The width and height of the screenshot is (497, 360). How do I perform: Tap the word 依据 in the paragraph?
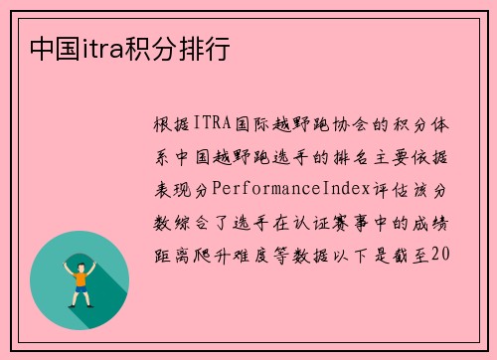click(x=435, y=156)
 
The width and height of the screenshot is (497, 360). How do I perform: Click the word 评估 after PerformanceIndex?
click(x=402, y=188)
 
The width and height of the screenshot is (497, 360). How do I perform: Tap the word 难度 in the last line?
click(x=257, y=253)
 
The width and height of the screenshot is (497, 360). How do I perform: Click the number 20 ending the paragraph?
click(x=444, y=253)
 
